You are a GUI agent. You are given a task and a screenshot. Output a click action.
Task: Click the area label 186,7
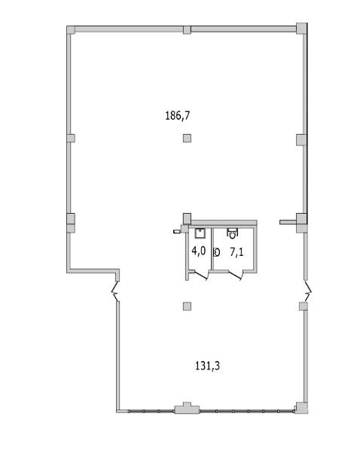(x=178, y=116)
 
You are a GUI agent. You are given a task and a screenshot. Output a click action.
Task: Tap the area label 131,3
(x=207, y=366)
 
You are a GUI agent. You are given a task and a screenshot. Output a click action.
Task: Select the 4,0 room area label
(x=199, y=251)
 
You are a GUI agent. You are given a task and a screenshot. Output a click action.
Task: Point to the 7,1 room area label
(x=236, y=252)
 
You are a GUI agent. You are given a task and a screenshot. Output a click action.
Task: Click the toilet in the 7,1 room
(x=233, y=233)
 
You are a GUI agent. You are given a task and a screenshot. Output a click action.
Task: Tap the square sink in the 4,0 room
(x=200, y=233)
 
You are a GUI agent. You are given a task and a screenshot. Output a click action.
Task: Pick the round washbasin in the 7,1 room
(x=216, y=252)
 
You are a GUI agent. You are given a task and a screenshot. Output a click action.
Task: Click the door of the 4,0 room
(x=202, y=275)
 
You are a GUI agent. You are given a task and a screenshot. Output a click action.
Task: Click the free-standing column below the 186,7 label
(x=187, y=138)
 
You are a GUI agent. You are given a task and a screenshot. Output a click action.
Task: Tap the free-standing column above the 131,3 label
(x=187, y=306)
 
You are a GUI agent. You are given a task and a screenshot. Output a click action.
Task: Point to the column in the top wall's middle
(x=187, y=30)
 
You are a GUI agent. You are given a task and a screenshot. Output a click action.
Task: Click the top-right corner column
(x=301, y=29)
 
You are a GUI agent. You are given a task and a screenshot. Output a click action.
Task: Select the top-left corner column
(x=71, y=30)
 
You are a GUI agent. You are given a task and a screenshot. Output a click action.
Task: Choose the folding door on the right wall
(x=308, y=290)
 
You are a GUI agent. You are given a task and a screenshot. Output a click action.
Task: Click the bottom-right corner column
(x=302, y=408)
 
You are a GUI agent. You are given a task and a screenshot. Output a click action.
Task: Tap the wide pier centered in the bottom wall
(x=187, y=409)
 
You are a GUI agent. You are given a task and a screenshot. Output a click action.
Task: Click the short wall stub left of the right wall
(x=288, y=222)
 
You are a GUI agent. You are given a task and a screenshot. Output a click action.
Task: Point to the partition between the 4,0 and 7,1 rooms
(x=212, y=249)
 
